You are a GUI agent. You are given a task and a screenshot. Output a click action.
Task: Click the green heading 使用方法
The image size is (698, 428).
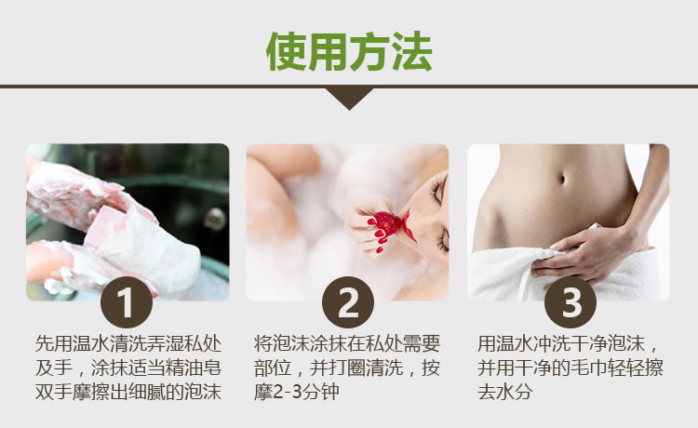click(349, 51)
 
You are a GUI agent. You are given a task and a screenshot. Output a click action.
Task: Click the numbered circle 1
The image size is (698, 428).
click(127, 302)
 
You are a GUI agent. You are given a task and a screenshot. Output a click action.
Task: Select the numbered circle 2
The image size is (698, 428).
click(348, 302)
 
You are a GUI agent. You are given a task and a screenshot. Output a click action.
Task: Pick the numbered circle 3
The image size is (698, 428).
click(570, 302)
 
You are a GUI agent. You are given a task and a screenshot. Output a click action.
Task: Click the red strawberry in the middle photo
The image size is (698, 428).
click(387, 223)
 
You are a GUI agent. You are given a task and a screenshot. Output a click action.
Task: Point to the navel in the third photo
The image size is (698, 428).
click(562, 179)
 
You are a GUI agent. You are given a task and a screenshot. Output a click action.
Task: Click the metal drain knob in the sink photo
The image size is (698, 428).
click(215, 219)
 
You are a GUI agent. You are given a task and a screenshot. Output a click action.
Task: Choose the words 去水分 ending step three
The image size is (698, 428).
click(504, 392)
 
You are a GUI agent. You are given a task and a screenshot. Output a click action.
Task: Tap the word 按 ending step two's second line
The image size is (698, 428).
click(431, 368)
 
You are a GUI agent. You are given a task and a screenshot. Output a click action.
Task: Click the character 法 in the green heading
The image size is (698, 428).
click(412, 51)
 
